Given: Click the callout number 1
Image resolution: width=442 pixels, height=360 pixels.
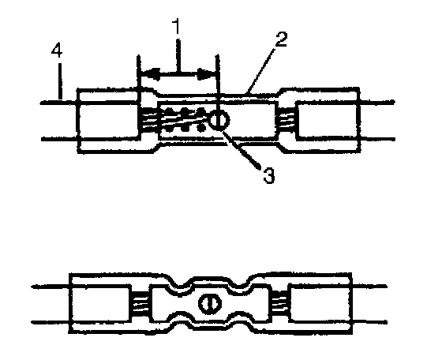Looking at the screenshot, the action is coord(177,26).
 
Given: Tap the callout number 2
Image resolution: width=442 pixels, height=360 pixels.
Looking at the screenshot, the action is coord(281,39).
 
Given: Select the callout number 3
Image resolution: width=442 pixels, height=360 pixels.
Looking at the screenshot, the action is coord(269,175).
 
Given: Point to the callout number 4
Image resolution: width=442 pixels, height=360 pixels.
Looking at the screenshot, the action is coord(57,51).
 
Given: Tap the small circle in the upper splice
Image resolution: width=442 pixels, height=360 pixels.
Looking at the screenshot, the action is coord(219,120).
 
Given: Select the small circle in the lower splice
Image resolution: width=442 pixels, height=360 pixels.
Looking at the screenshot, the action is coord(210,304).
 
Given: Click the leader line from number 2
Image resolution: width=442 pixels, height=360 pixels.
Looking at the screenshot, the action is coord(260,70).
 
